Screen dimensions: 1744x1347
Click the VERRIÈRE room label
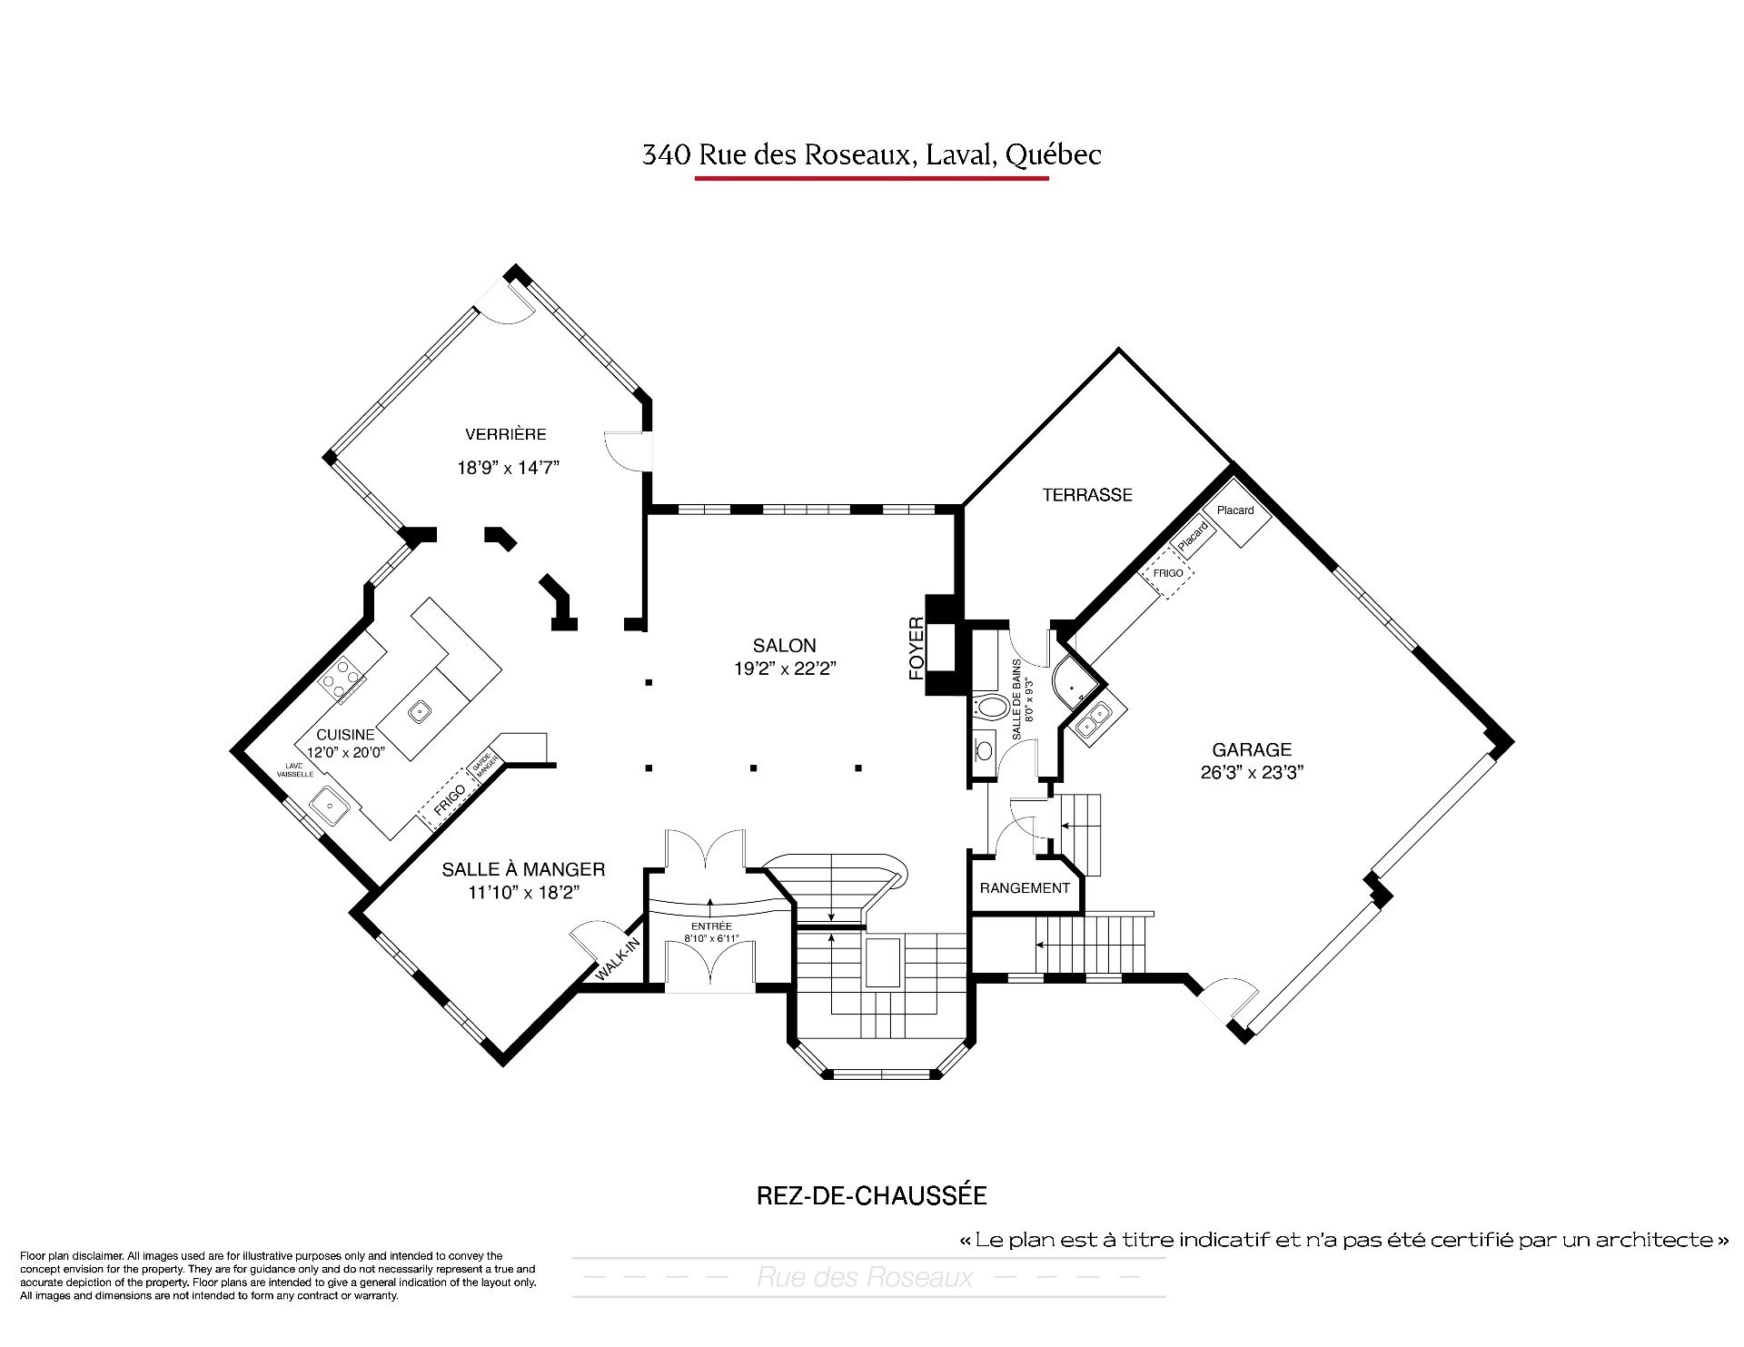506,434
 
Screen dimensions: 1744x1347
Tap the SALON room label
785,646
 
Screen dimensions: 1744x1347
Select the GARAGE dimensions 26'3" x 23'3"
1251,773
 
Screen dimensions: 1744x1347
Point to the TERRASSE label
1087,495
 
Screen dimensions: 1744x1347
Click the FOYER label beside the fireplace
917,649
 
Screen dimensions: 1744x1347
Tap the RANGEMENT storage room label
1025,888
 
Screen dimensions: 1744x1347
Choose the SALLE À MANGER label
523,870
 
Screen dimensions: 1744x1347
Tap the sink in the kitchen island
419,711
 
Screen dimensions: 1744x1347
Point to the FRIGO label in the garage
1168,573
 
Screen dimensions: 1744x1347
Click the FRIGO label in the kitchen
449,799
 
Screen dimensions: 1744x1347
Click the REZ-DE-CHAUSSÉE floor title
871,1195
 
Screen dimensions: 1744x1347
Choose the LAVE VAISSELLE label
300,769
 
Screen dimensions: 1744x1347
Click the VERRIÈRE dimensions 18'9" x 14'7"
508,469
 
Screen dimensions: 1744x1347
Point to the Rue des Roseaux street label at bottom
864,1279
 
